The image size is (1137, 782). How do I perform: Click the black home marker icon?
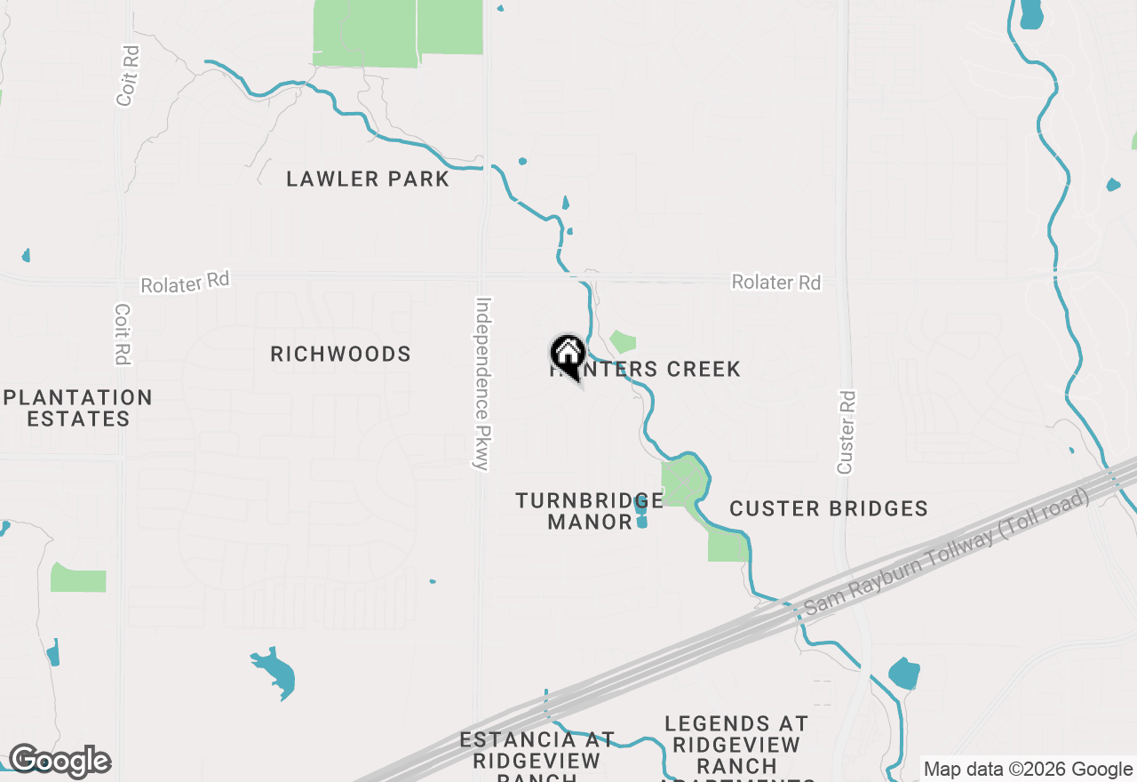pyautogui.click(x=568, y=355)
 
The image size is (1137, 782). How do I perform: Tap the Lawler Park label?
pyautogui.click(x=368, y=179)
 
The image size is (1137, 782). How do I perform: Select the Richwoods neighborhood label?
pyautogui.click(x=340, y=354)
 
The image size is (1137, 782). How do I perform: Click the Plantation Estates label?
pyautogui.click(x=78, y=408)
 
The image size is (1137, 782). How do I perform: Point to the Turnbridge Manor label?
pyautogui.click(x=589, y=511)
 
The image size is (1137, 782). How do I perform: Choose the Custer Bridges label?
pyautogui.click(x=829, y=508)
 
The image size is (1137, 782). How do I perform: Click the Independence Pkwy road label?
pyautogui.click(x=482, y=383)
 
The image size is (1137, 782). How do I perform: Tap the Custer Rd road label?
pyautogui.click(x=846, y=432)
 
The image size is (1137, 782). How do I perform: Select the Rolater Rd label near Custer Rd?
pyautogui.click(x=776, y=282)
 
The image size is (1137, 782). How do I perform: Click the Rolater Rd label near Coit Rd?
pyautogui.click(x=185, y=283)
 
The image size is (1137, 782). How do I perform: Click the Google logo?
pyautogui.click(x=59, y=761)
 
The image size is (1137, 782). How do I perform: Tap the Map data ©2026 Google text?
pyautogui.click(x=1028, y=769)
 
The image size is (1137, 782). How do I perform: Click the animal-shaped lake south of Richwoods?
pyautogui.click(x=274, y=672)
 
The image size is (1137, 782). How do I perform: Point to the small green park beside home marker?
pyautogui.click(x=624, y=341)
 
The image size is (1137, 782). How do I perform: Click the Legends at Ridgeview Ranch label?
pyautogui.click(x=735, y=745)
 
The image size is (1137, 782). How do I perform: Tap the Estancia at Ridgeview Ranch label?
pyautogui.click(x=537, y=750)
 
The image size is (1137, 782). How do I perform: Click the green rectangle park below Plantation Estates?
pyautogui.click(x=78, y=578)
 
